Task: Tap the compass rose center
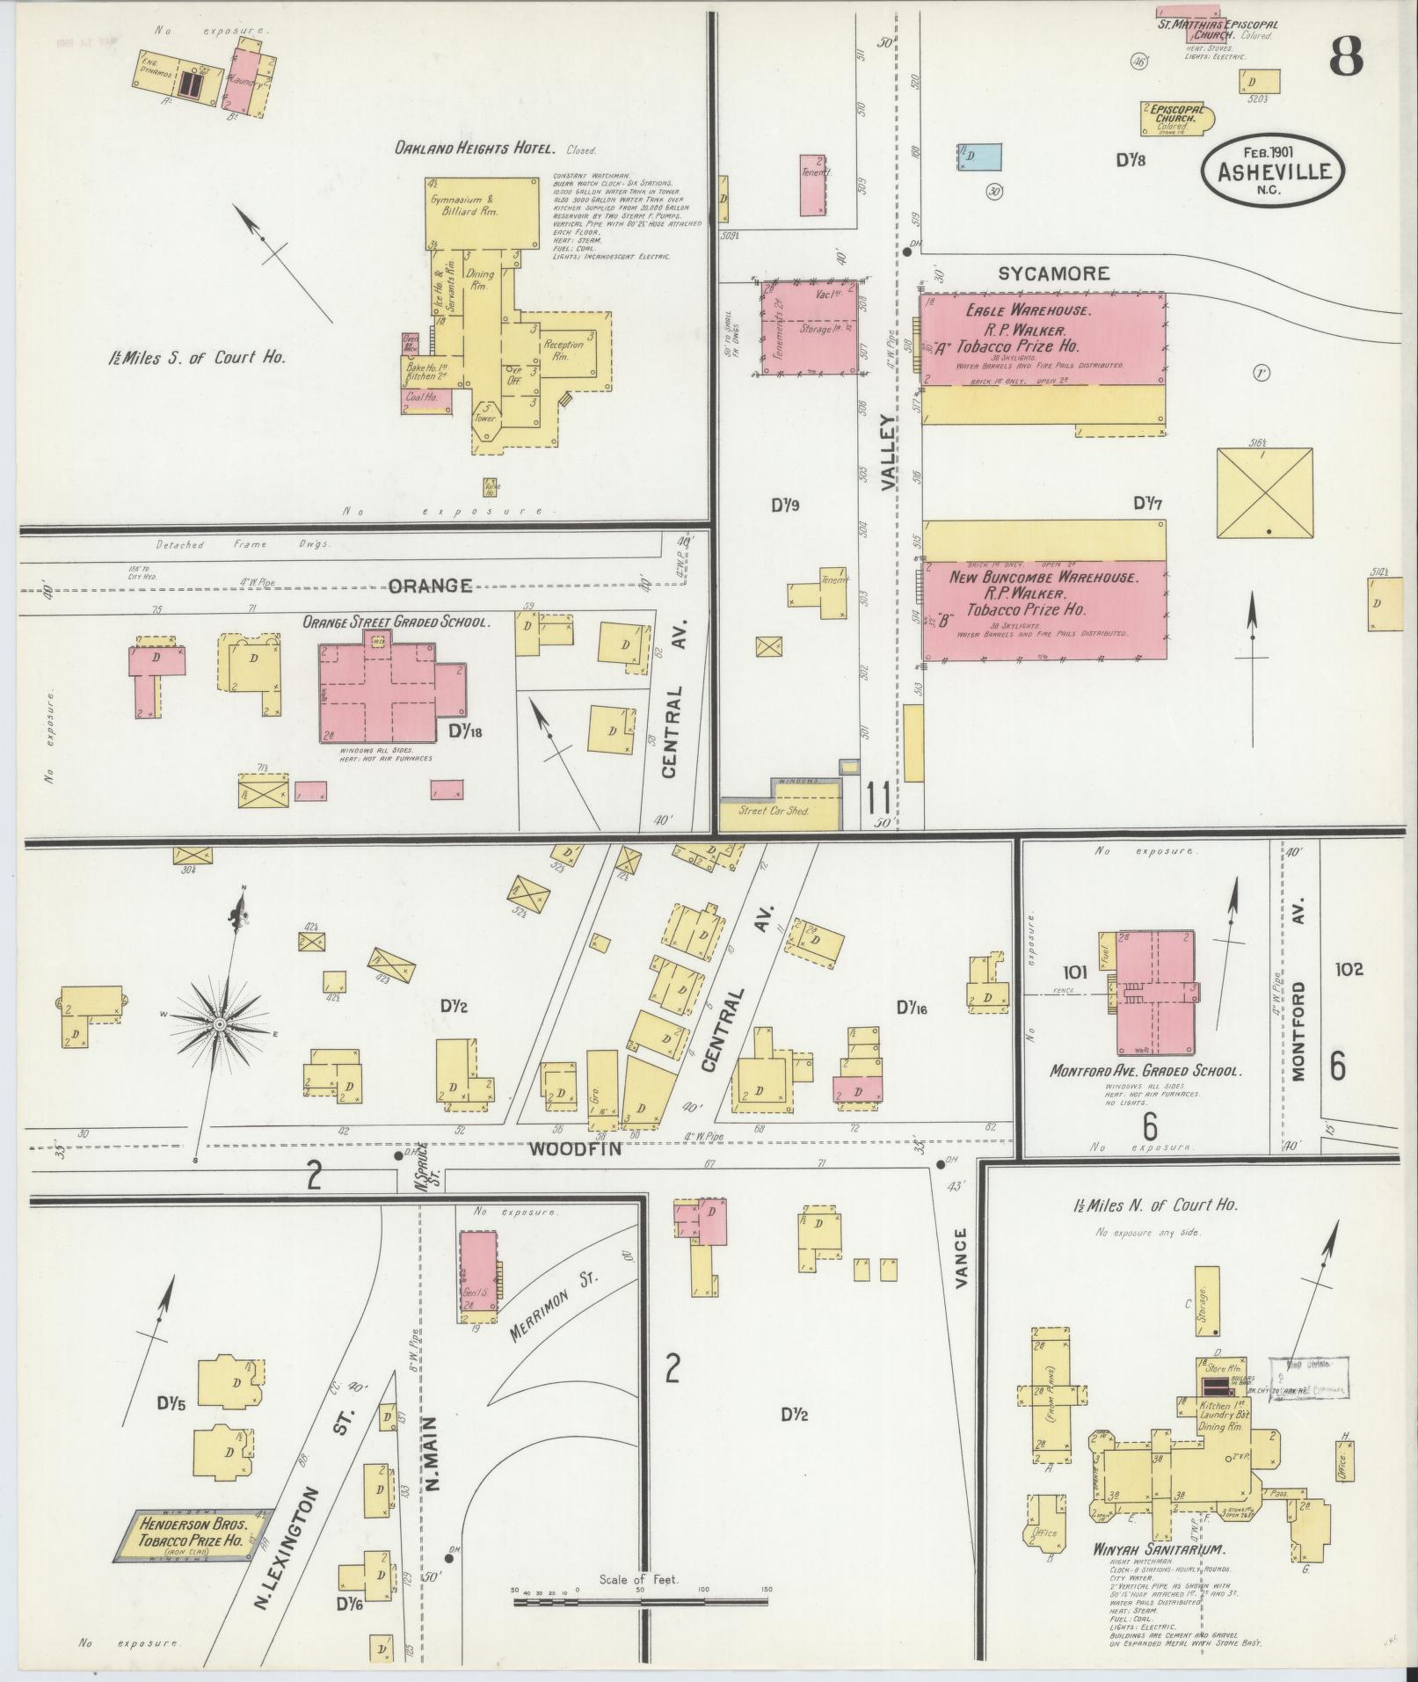(219, 1025)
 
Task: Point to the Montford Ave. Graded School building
(1155, 992)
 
